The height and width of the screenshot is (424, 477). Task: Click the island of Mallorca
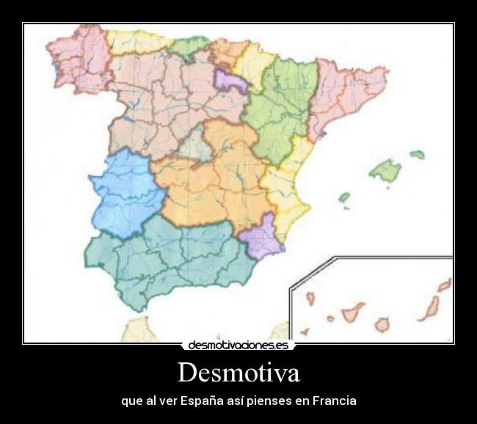click(385, 170)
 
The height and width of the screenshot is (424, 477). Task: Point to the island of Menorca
click(417, 155)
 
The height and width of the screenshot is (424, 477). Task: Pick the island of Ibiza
click(343, 197)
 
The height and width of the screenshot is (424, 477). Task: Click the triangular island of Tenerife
click(352, 311)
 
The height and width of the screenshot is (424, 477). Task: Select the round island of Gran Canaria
click(382, 324)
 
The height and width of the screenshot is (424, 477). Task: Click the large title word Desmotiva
click(238, 373)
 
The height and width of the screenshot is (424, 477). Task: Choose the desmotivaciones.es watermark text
click(238, 345)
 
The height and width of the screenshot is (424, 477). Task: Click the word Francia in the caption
click(334, 401)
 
